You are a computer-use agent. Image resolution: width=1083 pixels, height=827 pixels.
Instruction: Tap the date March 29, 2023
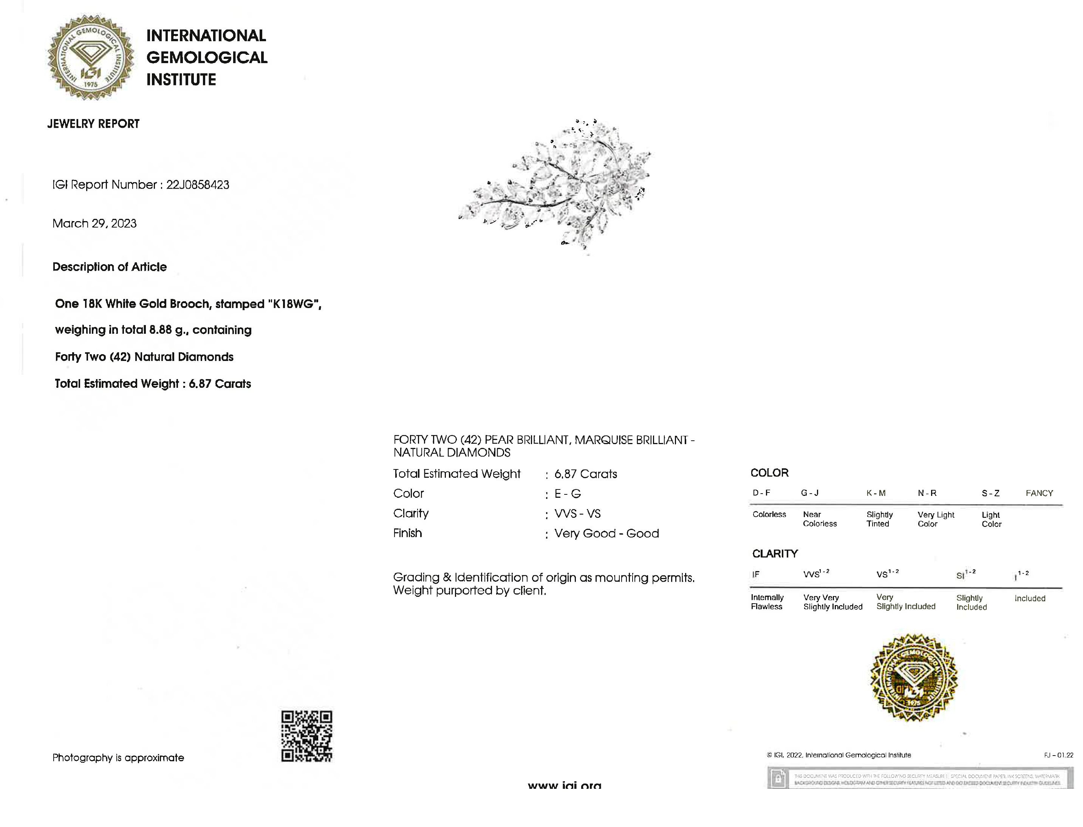click(x=94, y=223)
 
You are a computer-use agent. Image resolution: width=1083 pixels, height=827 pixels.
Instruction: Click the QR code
click(x=306, y=736)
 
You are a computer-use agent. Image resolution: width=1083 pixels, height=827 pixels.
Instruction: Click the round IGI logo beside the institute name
click(x=91, y=57)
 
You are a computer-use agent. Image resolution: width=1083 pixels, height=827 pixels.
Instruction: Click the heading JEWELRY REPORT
click(x=93, y=124)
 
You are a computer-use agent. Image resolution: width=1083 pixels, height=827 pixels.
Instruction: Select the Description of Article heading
click(x=110, y=267)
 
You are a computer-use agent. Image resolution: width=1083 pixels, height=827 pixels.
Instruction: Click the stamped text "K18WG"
click(x=293, y=304)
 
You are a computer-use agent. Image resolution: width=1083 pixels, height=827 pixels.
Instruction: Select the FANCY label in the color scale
click(x=1039, y=493)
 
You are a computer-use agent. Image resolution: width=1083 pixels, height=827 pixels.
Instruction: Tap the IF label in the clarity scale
click(x=756, y=575)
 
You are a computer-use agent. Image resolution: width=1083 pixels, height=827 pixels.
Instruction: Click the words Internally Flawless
click(x=767, y=602)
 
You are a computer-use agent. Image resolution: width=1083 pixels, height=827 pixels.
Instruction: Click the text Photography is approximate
click(x=118, y=757)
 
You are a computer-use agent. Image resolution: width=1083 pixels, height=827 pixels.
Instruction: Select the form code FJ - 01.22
click(x=1058, y=755)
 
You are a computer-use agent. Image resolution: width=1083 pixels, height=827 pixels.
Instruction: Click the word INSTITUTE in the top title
click(x=181, y=80)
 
